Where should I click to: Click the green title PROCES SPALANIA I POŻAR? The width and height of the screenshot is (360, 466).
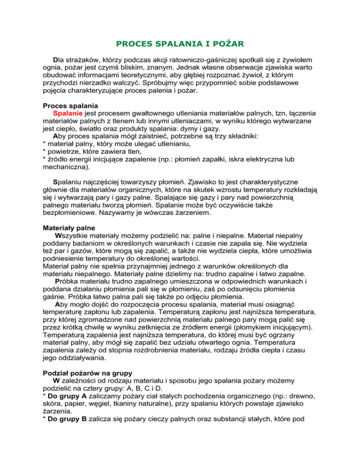[x=180, y=45]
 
